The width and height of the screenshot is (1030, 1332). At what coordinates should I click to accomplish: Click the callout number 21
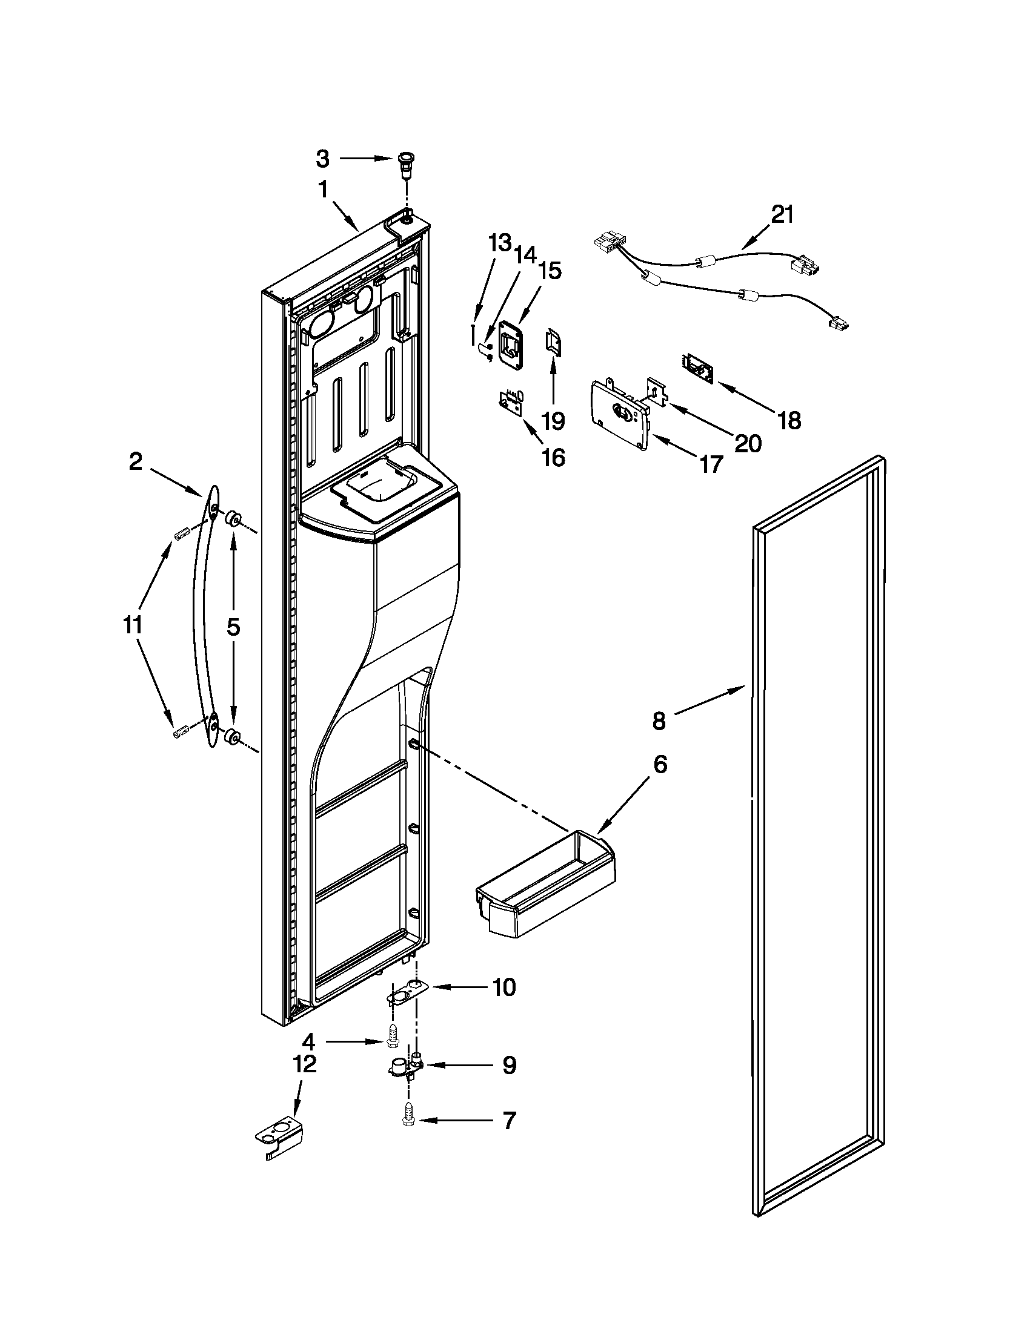[x=782, y=216]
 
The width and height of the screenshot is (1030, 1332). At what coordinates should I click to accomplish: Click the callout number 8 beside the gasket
[x=659, y=721]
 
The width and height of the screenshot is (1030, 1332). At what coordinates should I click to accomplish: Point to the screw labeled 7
[x=408, y=1122]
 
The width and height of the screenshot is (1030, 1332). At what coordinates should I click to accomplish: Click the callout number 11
[x=133, y=625]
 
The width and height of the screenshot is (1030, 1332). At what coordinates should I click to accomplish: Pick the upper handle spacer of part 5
[x=232, y=519]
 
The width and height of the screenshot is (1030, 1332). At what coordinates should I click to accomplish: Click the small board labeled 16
[x=510, y=403]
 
